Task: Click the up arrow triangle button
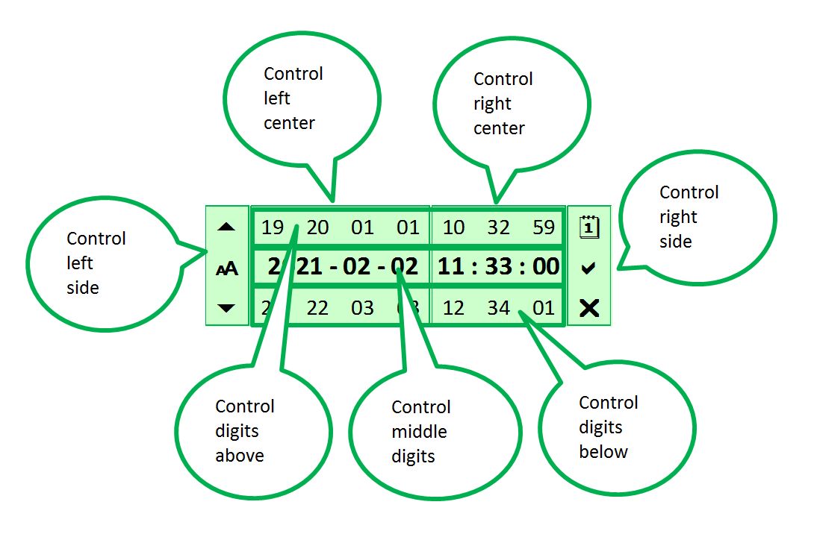pyautogui.click(x=227, y=227)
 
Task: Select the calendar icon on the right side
pyautogui.click(x=589, y=227)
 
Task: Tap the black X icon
pyautogui.click(x=589, y=308)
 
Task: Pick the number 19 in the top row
pyautogui.click(x=273, y=227)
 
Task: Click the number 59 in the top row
pyautogui.click(x=544, y=227)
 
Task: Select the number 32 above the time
pyautogui.click(x=498, y=227)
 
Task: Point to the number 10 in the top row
pyautogui.click(x=453, y=227)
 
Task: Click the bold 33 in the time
pyautogui.click(x=498, y=266)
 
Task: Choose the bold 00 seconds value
pyautogui.click(x=545, y=266)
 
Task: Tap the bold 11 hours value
pyautogui.click(x=451, y=266)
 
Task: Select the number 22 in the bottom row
pyautogui.click(x=317, y=308)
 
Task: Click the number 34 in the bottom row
pyautogui.click(x=498, y=308)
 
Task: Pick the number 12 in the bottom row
pyautogui.click(x=453, y=308)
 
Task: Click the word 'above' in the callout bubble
pyautogui.click(x=239, y=456)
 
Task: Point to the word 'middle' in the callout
pyautogui.click(x=419, y=432)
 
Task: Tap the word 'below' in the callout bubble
pyautogui.click(x=603, y=452)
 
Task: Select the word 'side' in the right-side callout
pyautogui.click(x=675, y=242)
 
